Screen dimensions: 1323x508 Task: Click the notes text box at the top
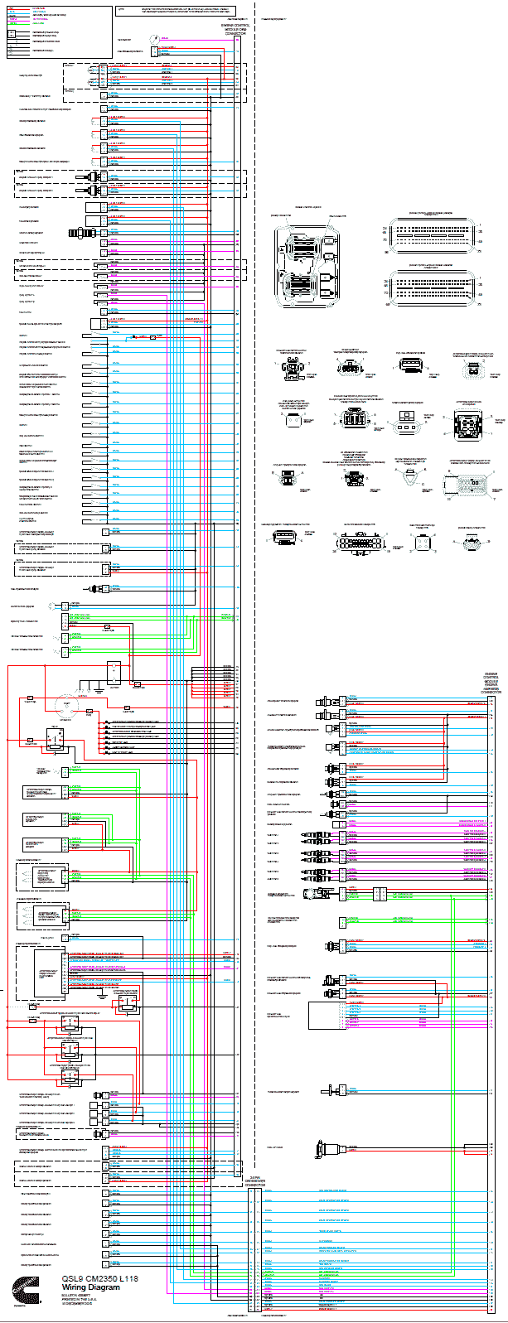click(x=178, y=12)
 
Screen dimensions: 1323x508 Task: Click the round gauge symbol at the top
click(x=154, y=39)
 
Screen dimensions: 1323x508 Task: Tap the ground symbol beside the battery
click(x=99, y=687)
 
